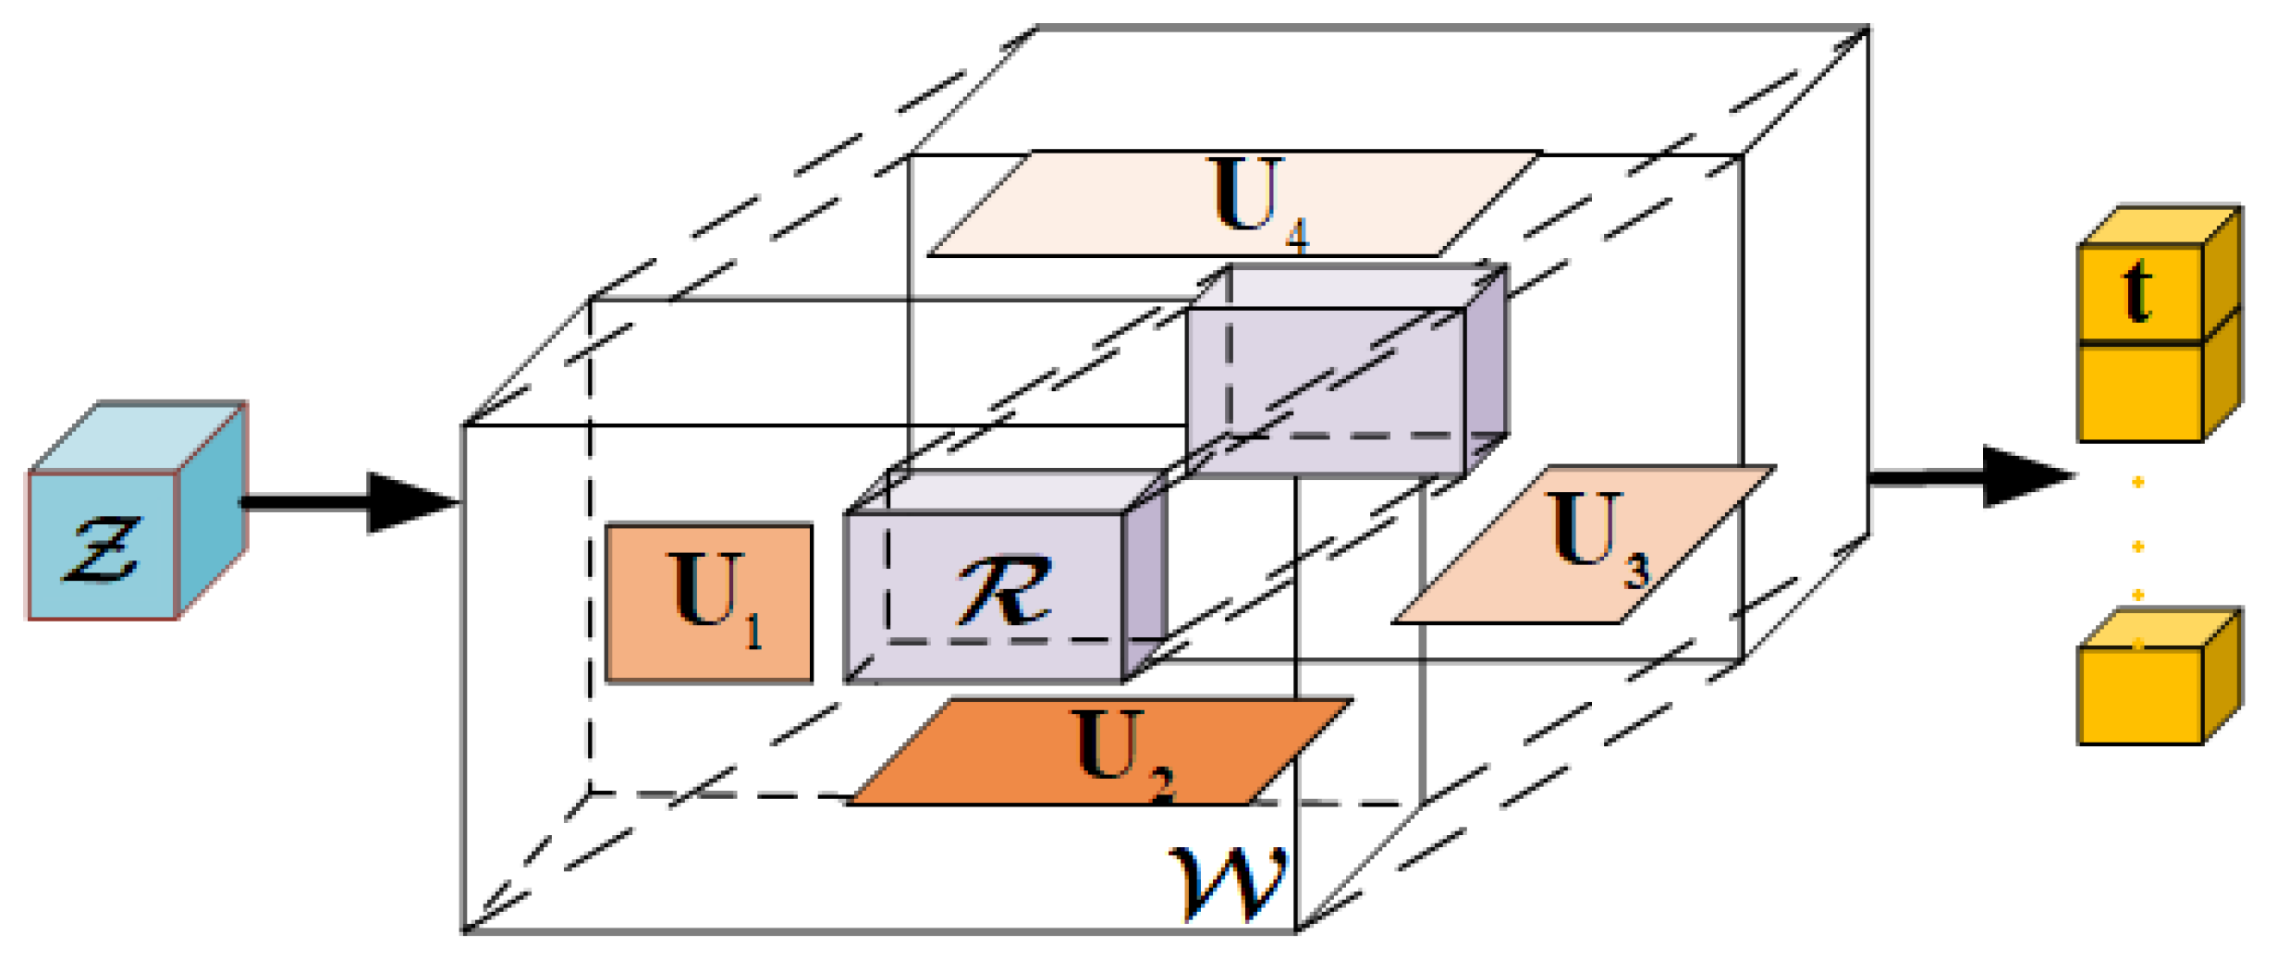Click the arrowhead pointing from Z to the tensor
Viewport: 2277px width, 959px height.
pos(407,503)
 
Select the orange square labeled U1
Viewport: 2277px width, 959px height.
pos(708,603)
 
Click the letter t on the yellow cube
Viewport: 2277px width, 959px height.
pos(2136,291)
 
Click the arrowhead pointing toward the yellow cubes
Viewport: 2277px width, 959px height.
pos(2025,477)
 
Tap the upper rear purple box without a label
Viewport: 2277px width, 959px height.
pos(1327,388)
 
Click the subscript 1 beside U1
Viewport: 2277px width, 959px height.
pos(753,632)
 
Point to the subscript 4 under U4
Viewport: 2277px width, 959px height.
pos(1297,235)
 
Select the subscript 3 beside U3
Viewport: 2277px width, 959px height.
pos(1636,571)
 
